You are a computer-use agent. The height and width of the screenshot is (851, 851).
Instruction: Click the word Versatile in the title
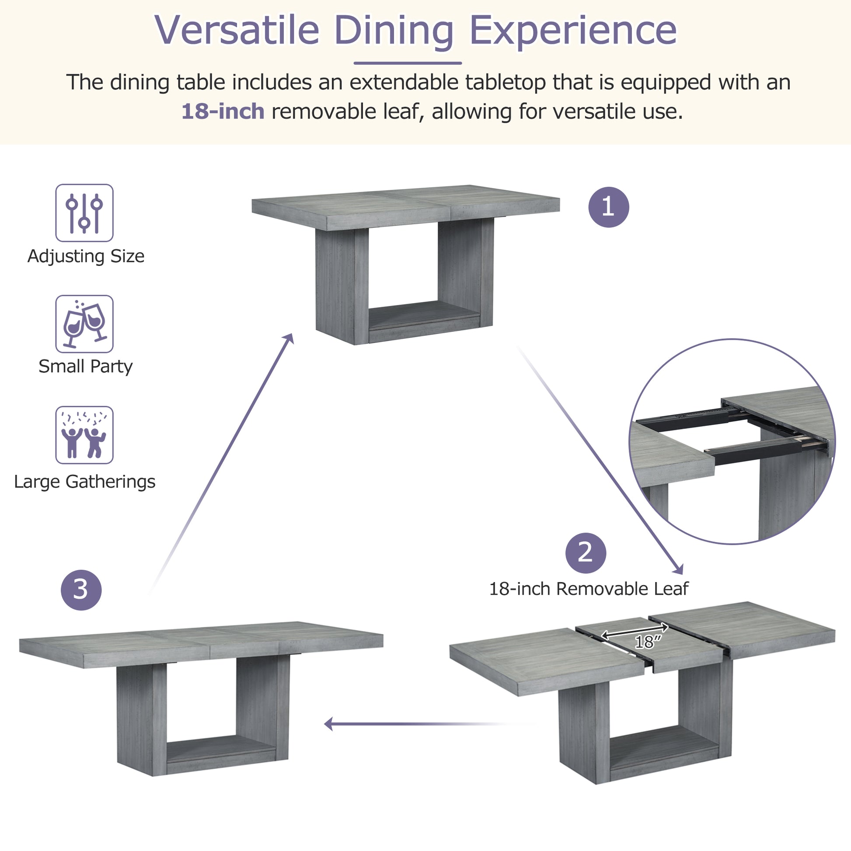[x=237, y=30]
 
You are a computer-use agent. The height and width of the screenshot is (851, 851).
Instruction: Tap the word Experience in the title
[x=573, y=30]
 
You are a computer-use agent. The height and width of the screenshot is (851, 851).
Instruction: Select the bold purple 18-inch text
[x=223, y=112]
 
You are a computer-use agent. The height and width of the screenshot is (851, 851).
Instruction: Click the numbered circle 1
[x=608, y=207]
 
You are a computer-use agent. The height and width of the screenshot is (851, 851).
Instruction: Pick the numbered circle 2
[x=586, y=553]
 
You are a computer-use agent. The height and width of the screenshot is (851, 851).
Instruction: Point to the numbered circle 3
[x=81, y=590]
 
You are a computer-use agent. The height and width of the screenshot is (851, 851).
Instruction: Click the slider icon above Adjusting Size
[x=84, y=213]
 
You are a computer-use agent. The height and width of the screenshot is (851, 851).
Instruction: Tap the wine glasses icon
[x=84, y=324]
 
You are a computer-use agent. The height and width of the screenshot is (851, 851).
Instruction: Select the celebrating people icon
[x=84, y=435]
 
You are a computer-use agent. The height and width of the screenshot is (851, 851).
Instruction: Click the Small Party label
[x=85, y=366]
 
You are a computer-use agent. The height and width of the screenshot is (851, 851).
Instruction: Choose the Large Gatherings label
[x=84, y=481]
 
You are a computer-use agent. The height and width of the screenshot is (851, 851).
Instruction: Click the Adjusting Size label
[x=86, y=256]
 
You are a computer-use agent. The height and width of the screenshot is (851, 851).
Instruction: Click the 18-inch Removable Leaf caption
[x=589, y=589]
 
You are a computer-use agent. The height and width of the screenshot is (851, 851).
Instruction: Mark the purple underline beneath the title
[x=408, y=63]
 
